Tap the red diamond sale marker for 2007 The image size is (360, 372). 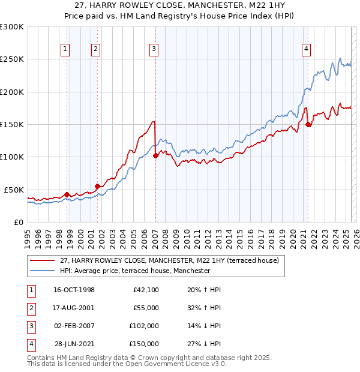point(155,155)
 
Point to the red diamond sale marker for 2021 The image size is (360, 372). point(308,125)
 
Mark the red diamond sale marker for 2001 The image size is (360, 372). point(97,186)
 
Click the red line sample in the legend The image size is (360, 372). point(42,261)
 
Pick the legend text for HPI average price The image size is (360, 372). point(135,271)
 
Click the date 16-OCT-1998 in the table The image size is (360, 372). point(74,290)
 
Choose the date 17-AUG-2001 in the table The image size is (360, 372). point(74,308)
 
